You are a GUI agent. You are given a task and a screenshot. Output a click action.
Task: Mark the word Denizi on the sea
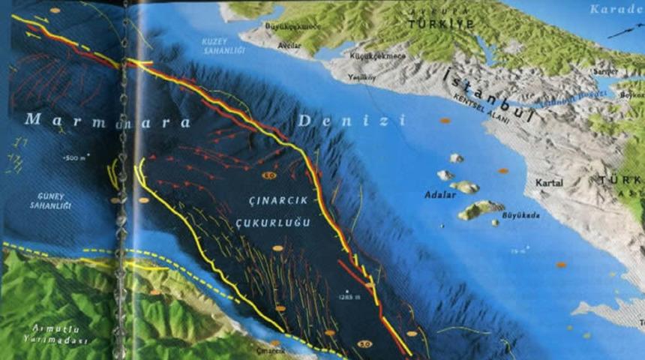pos(350,120)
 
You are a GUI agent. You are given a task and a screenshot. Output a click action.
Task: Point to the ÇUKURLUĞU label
pos(272,223)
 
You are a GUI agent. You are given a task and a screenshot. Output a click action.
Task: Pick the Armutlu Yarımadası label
pos(55,335)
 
